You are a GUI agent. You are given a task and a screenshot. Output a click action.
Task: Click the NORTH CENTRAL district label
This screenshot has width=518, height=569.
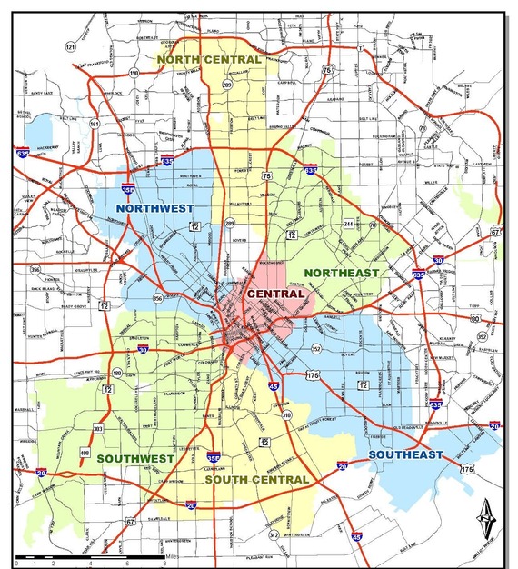pyautogui.click(x=208, y=59)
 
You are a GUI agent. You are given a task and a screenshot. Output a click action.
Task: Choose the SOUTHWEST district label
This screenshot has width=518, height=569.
pyautogui.click(x=136, y=458)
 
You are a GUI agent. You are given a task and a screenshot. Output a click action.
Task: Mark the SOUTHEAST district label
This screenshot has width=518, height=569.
pyautogui.click(x=405, y=454)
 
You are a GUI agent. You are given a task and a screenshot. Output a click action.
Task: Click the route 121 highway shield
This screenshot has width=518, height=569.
pyautogui.click(x=70, y=46)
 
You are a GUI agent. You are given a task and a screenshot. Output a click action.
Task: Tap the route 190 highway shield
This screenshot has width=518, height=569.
pyautogui.click(x=134, y=73)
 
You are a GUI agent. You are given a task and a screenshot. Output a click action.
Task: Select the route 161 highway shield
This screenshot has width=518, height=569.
pyautogui.click(x=95, y=124)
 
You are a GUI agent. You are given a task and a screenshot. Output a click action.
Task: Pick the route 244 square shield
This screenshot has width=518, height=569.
pyautogui.click(x=348, y=223)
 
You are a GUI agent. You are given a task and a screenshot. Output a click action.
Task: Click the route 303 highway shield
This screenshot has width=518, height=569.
pyautogui.click(x=98, y=427)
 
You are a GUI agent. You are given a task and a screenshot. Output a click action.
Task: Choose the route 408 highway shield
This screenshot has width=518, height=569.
pyautogui.click(x=85, y=453)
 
